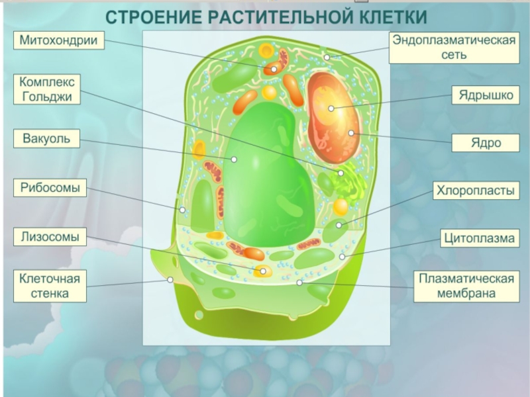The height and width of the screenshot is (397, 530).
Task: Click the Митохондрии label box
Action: tap(58, 40)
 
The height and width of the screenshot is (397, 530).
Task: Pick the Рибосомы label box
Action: tap(50, 188)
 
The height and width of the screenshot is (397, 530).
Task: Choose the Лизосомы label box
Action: tap(50, 236)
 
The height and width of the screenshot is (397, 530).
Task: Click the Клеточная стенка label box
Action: tap(50, 285)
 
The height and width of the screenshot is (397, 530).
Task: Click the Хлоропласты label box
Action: tap(475, 191)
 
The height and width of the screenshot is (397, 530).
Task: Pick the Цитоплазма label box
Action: tap(479, 238)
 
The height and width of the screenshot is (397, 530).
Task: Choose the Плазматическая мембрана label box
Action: tap(466, 286)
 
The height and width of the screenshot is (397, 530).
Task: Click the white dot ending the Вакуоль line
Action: tap(234, 159)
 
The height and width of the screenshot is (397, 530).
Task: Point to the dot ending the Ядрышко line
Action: tap(331, 108)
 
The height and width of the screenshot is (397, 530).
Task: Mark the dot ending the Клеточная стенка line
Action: tap(170, 279)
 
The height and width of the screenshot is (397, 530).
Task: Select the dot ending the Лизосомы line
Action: tap(263, 271)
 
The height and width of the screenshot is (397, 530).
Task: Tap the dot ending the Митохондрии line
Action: tap(274, 68)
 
